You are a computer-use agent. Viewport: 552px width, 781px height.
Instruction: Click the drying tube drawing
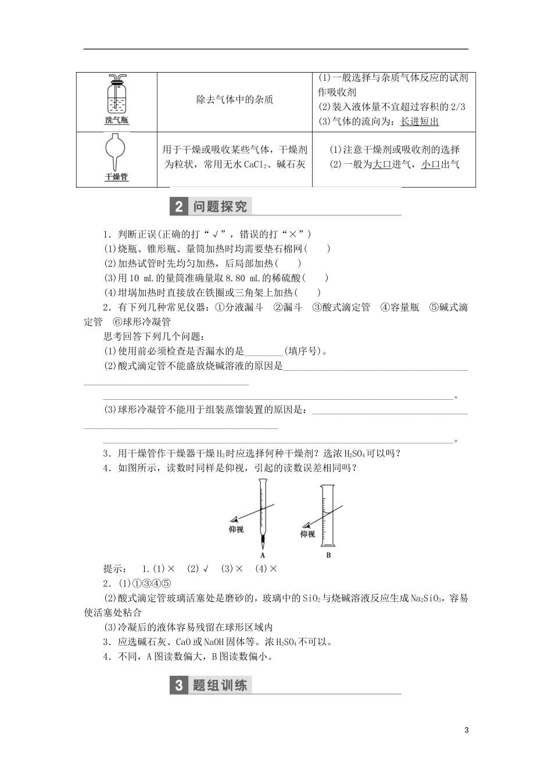pos(117,152)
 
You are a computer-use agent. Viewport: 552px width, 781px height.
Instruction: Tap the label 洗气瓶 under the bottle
pos(117,120)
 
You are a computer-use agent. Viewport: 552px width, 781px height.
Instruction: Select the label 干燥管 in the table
pos(117,177)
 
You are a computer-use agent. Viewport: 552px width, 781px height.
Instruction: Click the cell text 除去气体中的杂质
pos(235,99)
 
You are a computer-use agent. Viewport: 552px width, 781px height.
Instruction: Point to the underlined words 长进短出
pos(420,121)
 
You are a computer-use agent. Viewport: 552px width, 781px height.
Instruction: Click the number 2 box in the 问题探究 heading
pos(178,207)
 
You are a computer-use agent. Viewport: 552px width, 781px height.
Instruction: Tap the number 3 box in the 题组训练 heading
pos(178,685)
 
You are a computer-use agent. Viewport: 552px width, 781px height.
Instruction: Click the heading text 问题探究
pos(220,207)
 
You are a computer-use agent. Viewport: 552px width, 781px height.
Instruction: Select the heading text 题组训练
pos(220,685)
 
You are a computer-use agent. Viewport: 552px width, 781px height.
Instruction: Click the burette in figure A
pos(263,511)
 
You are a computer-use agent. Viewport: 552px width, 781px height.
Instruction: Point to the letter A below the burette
pos(263,555)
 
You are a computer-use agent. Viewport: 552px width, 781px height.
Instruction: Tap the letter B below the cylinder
pos(328,555)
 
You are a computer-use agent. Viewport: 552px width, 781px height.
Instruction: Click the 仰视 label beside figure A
pos(236,529)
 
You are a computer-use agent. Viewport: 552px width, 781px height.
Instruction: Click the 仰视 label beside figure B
pos(307,534)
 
